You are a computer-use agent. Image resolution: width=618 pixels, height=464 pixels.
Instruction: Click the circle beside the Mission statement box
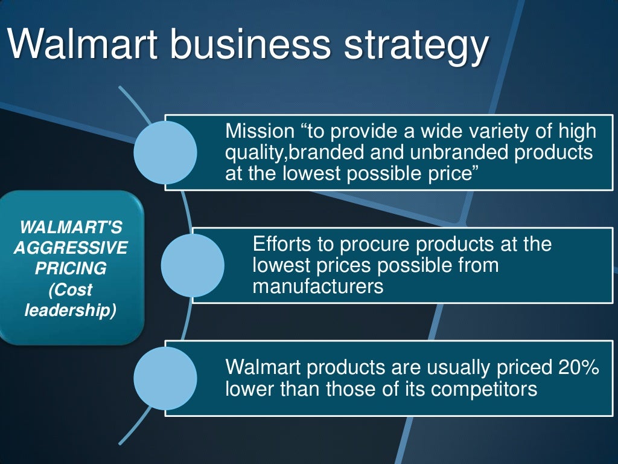pos(165,152)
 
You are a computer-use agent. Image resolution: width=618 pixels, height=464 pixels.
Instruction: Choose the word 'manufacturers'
pos(318,286)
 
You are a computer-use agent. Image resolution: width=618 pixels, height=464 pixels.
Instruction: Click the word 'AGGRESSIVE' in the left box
pos(71,248)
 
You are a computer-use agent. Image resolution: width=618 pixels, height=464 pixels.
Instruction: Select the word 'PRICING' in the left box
pos(71,268)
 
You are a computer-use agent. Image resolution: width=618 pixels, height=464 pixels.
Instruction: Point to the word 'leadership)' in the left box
pos(71,311)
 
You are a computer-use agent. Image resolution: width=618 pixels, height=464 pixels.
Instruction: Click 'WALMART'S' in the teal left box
pos(71,228)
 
